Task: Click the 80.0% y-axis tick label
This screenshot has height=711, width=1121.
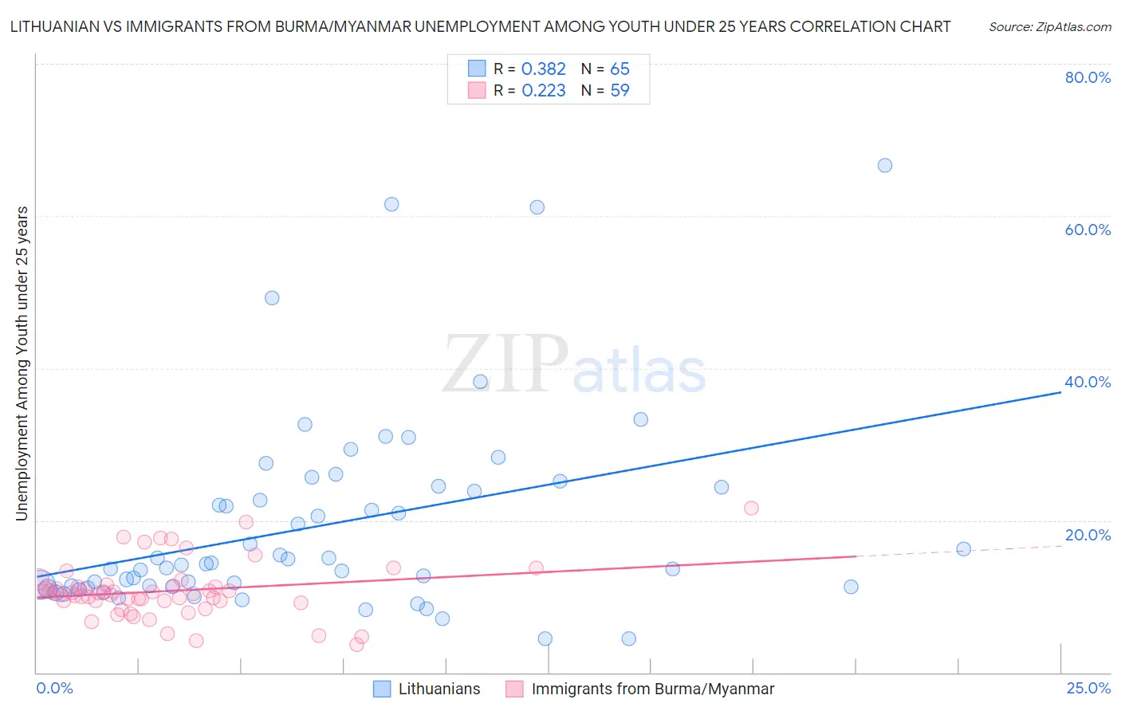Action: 1088,77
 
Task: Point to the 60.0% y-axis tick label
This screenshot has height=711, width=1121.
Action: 1088,230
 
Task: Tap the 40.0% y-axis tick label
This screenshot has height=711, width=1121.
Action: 1088,382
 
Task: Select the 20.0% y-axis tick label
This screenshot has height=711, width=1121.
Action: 1088,535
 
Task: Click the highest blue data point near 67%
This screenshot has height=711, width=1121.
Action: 884,166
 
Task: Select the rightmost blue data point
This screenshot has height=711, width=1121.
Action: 963,549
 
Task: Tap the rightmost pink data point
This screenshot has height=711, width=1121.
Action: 751,509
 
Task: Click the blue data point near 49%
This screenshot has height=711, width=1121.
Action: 272,298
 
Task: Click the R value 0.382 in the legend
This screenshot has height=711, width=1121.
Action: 543,69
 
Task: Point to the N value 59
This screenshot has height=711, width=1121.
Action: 619,91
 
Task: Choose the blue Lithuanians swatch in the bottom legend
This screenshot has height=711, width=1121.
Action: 382,689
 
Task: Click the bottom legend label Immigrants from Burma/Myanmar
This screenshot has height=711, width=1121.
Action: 652,689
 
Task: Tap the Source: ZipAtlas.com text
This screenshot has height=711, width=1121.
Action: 1049,27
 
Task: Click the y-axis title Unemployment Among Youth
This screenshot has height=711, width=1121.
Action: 22,363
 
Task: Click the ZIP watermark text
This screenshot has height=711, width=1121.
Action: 505,365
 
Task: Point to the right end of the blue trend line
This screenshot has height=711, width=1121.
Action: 1060,393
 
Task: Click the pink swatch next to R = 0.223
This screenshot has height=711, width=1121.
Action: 477,91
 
